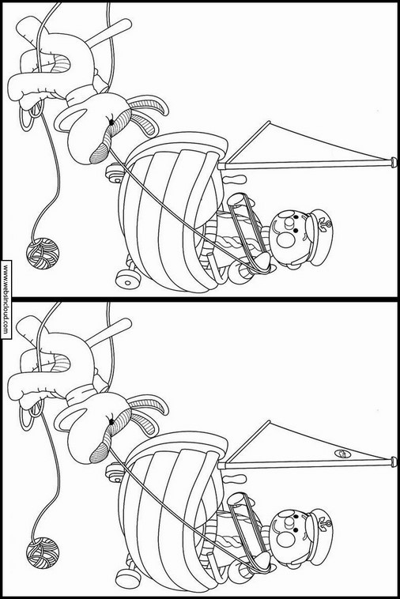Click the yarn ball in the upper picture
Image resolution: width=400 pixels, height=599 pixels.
43,254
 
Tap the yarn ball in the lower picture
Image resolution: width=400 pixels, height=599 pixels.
43,553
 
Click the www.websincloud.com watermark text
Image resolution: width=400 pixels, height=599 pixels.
6,299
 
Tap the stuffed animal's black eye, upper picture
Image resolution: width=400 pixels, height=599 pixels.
111,122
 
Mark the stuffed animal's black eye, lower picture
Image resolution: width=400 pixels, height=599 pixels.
111,422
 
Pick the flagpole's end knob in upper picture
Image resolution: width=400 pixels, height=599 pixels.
393,162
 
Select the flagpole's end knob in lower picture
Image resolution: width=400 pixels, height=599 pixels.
393,461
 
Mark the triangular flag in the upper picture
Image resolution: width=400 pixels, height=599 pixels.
302,145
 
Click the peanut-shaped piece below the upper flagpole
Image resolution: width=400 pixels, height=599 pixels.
234,179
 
